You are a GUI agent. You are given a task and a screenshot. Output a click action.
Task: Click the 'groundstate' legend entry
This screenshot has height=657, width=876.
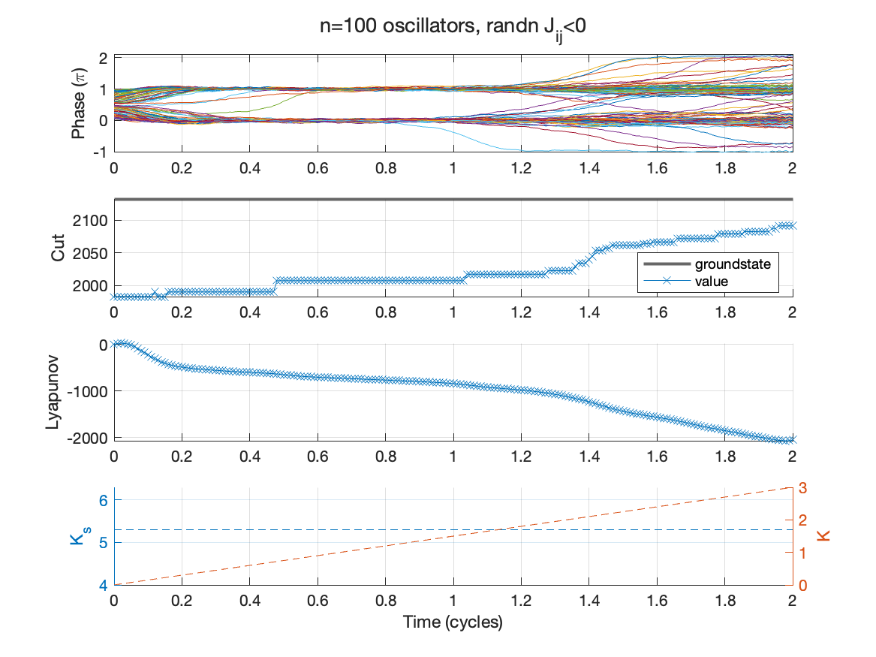[x=732, y=264]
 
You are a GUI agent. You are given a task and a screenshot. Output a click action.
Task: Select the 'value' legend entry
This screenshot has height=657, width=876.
[x=712, y=282]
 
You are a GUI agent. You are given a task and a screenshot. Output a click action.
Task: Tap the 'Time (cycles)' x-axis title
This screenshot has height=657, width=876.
[x=453, y=622]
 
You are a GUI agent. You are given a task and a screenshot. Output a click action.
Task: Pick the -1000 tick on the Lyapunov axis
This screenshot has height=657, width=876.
[x=87, y=391]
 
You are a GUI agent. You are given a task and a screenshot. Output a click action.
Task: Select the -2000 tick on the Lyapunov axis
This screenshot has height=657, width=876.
[x=87, y=438]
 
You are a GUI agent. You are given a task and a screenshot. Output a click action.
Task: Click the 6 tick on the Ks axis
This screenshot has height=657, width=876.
[x=104, y=501]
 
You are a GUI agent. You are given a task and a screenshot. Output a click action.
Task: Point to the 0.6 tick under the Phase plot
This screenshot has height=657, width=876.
[x=318, y=168]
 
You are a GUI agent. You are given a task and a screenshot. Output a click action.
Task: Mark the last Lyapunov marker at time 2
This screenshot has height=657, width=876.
[x=793, y=440]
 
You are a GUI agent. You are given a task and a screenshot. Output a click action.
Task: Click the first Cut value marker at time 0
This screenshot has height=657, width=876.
[x=114, y=297]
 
